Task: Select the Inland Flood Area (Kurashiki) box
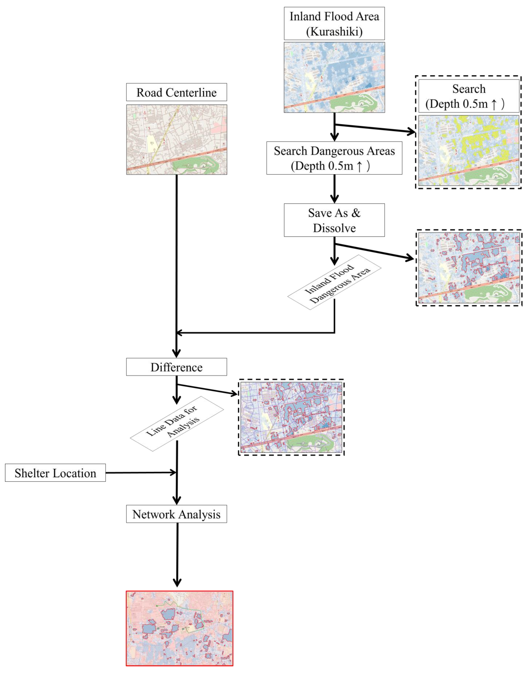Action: point(334,24)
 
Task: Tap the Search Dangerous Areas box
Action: point(334,158)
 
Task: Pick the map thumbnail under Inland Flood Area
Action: point(334,77)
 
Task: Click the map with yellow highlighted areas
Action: point(469,151)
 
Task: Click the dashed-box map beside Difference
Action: point(291,417)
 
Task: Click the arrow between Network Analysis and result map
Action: point(177,555)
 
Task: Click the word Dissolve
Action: point(334,228)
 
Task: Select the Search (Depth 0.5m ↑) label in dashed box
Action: point(469,96)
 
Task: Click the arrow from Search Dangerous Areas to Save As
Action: point(334,188)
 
